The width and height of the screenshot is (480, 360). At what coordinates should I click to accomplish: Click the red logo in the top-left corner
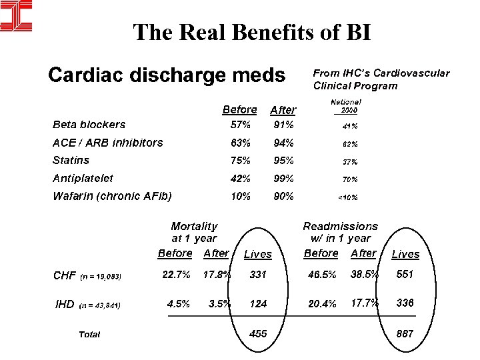(16, 16)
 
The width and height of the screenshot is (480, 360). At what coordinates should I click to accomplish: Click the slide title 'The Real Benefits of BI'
(252, 31)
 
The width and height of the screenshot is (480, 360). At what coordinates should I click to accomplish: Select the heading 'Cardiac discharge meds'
(167, 75)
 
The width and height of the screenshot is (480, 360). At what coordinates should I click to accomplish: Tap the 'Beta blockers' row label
(89, 124)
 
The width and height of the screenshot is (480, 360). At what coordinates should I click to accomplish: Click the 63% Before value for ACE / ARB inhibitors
(240, 143)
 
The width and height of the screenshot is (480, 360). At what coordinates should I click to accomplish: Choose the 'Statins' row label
(71, 160)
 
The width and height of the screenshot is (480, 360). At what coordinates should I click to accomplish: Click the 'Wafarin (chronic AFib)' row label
(112, 196)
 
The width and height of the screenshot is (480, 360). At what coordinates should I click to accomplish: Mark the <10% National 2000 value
(348, 197)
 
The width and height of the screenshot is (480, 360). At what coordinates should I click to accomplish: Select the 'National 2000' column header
(347, 105)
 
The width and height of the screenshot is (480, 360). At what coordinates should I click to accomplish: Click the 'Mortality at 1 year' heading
(194, 232)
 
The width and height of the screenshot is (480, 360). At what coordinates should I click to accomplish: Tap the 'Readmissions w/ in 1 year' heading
(340, 232)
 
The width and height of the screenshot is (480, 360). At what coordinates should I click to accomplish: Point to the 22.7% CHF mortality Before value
(177, 274)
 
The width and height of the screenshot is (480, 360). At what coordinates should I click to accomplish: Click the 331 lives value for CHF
(258, 274)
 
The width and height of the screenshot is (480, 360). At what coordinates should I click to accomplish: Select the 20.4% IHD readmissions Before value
(322, 303)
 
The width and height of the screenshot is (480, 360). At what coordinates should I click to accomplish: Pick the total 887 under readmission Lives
(405, 333)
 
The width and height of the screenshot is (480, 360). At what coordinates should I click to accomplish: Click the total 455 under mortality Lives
(258, 333)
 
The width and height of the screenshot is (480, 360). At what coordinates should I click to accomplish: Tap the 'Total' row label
(89, 334)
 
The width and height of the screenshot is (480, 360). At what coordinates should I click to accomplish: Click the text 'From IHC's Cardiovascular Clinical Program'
(381, 79)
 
